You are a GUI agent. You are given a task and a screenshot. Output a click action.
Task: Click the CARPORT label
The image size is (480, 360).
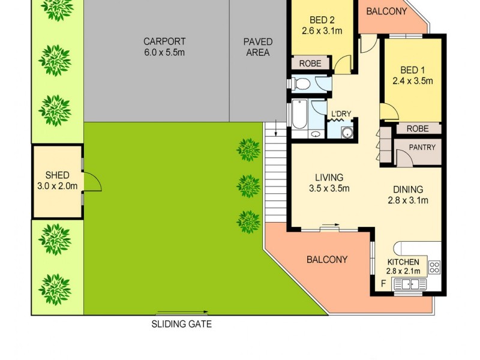click(x=164, y=42)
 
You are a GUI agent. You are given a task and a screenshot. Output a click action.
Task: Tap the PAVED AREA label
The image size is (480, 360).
click(x=258, y=42)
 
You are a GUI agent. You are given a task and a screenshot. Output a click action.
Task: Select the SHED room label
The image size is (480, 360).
click(x=57, y=175)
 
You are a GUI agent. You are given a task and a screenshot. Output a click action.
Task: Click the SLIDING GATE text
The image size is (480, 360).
click(x=181, y=325)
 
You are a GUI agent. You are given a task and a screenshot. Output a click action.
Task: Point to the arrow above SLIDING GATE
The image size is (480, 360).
click(x=182, y=313)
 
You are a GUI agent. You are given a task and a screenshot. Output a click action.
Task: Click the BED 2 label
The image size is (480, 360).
click(x=320, y=19)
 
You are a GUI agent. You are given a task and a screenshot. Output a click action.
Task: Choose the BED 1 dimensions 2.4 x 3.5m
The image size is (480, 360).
click(x=412, y=82)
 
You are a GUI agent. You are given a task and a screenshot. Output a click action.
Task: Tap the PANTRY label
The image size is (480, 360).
click(x=422, y=146)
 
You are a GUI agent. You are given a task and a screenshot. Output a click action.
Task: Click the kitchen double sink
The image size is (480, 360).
click(x=410, y=284)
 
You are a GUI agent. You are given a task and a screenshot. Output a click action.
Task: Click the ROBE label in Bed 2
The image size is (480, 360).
click(x=310, y=63)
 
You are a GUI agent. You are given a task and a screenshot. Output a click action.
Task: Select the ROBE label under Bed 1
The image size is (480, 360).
click(x=417, y=128)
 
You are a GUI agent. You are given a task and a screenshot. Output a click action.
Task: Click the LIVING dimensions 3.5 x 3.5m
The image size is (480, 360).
click(x=329, y=188)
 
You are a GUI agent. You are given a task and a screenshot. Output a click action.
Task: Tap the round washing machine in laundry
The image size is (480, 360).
click(x=346, y=133)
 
